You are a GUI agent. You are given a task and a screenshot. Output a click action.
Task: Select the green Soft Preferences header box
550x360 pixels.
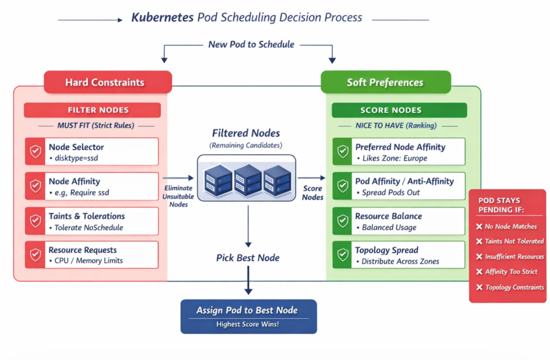click(x=385, y=83)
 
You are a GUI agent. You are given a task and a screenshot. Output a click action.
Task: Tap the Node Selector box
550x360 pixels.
click(x=92, y=152)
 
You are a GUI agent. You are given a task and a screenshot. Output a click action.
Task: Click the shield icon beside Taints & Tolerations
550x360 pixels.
click(x=35, y=221)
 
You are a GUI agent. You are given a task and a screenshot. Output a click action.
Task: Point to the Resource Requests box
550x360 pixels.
click(x=92, y=255)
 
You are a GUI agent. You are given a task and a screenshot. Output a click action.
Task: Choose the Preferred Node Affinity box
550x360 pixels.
click(x=399, y=152)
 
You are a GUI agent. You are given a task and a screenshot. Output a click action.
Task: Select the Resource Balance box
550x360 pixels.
click(x=399, y=221)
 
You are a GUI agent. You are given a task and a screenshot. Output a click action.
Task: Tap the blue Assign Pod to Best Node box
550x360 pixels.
click(x=248, y=316)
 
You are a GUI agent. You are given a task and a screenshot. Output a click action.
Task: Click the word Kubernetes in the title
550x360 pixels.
click(x=162, y=17)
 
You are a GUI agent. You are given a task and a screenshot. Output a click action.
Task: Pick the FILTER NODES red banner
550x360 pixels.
click(x=92, y=110)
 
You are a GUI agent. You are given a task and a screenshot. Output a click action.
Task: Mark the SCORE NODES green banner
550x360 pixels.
click(x=399, y=110)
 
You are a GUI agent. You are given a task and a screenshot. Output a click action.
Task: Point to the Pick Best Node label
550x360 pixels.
click(x=248, y=258)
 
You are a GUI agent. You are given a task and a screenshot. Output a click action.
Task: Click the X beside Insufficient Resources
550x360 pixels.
click(x=479, y=257)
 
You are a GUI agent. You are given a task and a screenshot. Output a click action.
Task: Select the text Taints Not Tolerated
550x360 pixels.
click(x=514, y=242)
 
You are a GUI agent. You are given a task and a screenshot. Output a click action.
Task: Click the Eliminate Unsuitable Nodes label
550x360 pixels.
click(x=178, y=196)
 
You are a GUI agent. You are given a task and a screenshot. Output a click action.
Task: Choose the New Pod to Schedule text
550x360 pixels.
click(x=251, y=45)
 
